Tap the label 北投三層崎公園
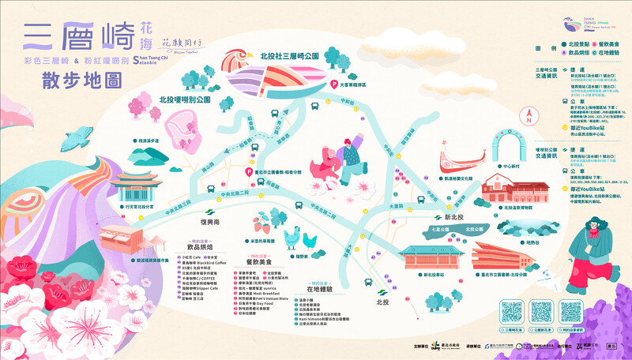[x=289, y=57]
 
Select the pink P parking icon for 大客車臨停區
[x=334, y=83]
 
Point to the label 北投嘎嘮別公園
[x=185, y=100]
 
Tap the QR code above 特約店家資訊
[x=574, y=311]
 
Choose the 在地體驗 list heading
[x=317, y=291]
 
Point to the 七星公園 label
[x=441, y=229]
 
